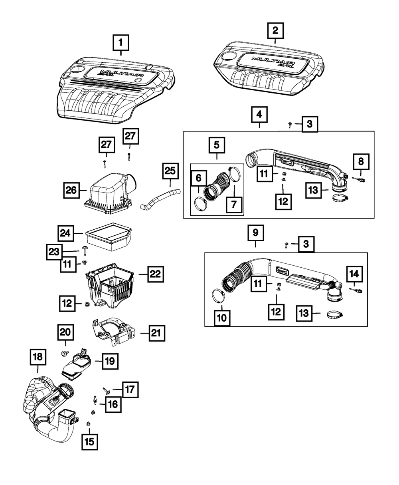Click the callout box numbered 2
click(x=275, y=30)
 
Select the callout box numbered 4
click(x=259, y=115)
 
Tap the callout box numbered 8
click(x=361, y=162)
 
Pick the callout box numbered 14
click(x=354, y=274)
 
